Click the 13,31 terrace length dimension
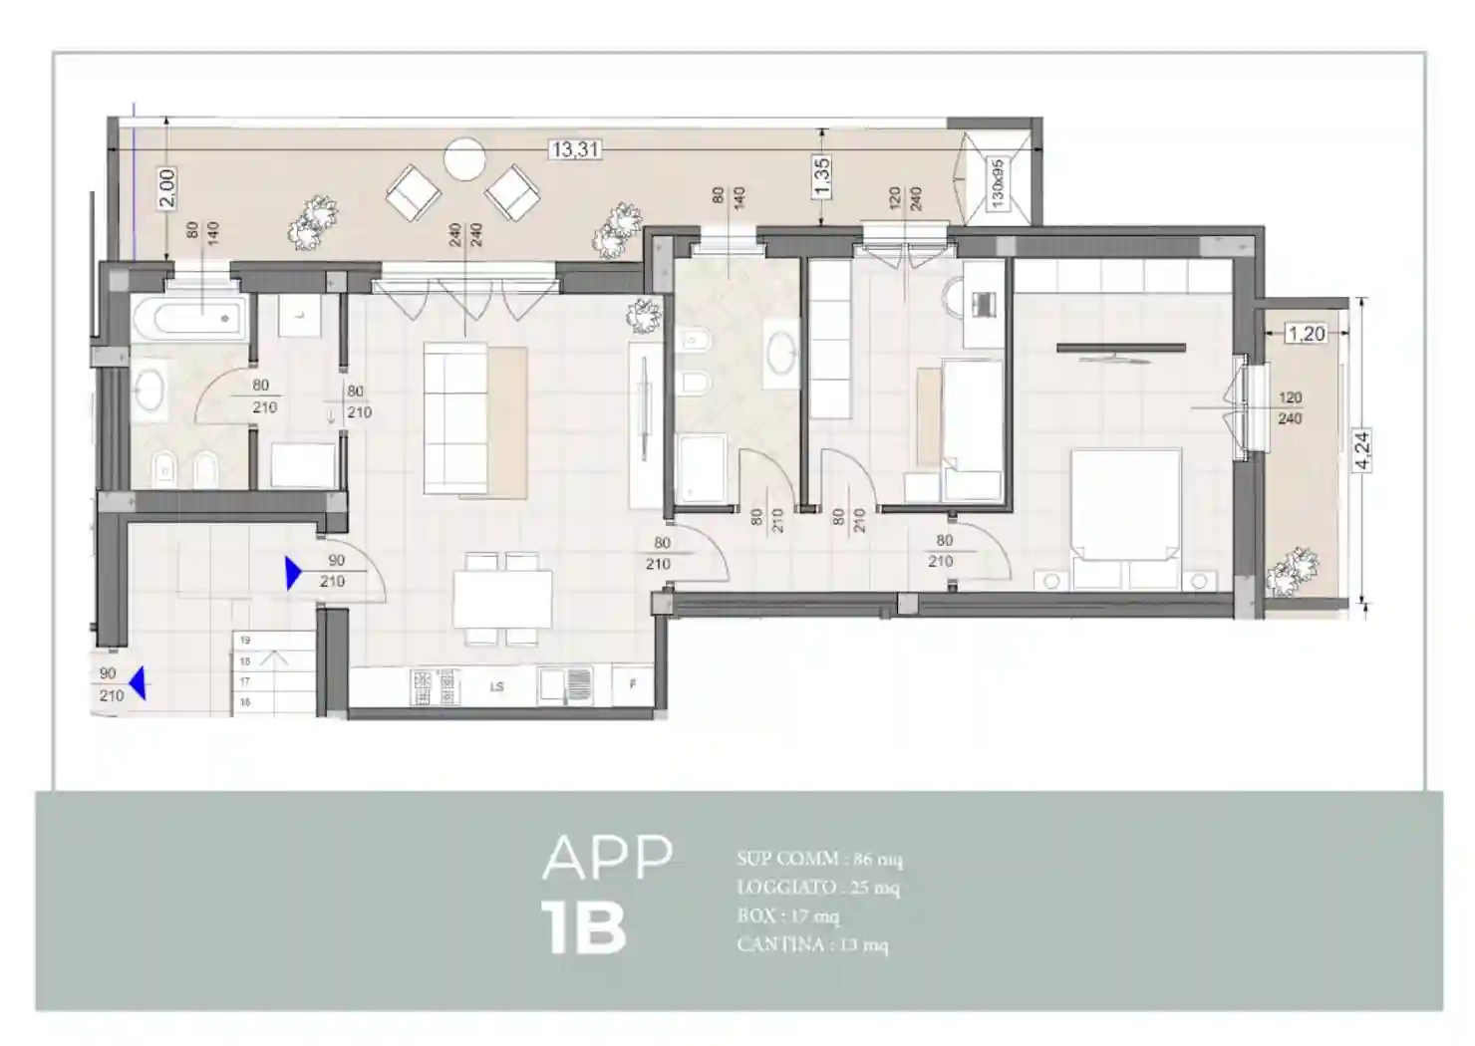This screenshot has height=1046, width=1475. tap(575, 149)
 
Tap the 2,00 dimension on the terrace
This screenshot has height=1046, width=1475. tap(166, 187)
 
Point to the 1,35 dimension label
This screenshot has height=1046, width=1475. tap(821, 176)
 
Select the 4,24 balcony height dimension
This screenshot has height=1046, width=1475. tap(1361, 450)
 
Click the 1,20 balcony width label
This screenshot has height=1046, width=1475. tap(1306, 334)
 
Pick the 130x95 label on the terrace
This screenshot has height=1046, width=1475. tap(997, 183)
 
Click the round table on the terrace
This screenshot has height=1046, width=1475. tap(464, 158)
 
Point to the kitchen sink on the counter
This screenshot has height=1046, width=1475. tap(565, 685)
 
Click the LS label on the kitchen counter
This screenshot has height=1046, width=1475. tap(496, 686)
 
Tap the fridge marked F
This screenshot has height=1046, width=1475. tap(633, 685)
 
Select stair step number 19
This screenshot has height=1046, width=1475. tap(245, 641)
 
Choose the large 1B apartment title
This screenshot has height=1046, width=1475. tap(584, 928)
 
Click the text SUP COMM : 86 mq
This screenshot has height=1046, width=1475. tap(819, 859)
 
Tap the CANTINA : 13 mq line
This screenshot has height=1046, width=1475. tap(811, 944)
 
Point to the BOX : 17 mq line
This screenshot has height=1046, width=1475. tap(787, 915)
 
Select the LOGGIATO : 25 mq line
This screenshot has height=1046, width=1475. tap(817, 887)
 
